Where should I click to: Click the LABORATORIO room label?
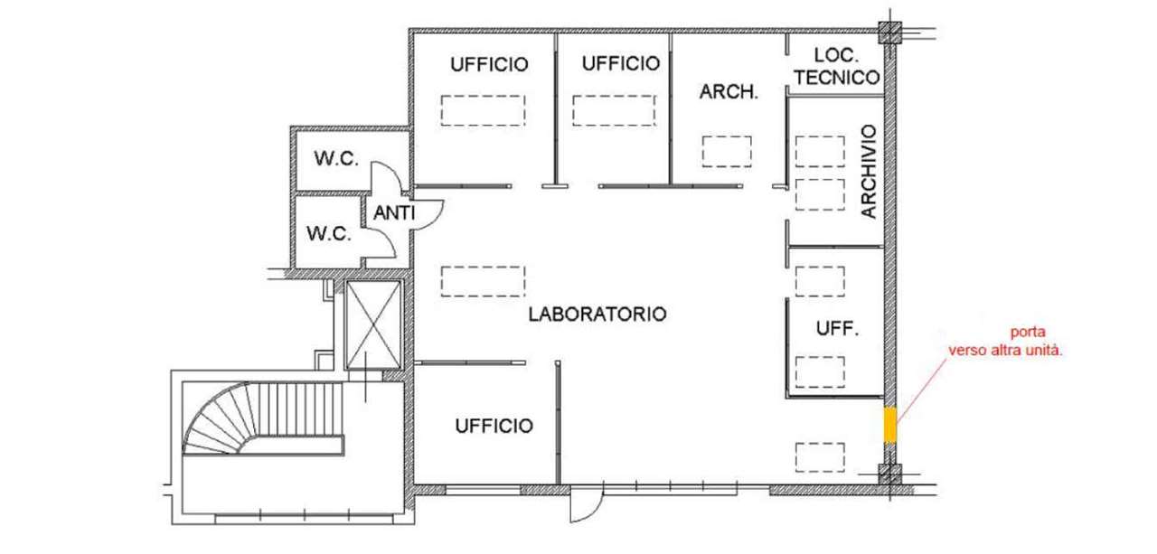point(597,314)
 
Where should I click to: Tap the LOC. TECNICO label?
point(837,67)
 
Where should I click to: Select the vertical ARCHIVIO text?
point(870,171)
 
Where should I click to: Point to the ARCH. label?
point(729,92)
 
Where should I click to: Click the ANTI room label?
point(394,212)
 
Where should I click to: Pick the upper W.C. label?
point(336,158)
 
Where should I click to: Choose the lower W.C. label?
point(329,234)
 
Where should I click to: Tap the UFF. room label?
point(837,328)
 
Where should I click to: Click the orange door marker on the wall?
point(890,425)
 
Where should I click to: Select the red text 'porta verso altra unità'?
point(1005,342)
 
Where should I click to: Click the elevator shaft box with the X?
point(373,324)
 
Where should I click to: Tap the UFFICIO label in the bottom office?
point(494,426)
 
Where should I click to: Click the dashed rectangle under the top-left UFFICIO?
point(483,110)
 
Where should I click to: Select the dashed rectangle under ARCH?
point(727,152)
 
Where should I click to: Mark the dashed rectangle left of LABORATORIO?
point(483,281)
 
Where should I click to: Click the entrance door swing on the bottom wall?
point(587,503)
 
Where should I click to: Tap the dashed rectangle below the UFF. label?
point(820,372)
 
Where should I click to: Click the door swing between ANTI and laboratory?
point(428,214)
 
